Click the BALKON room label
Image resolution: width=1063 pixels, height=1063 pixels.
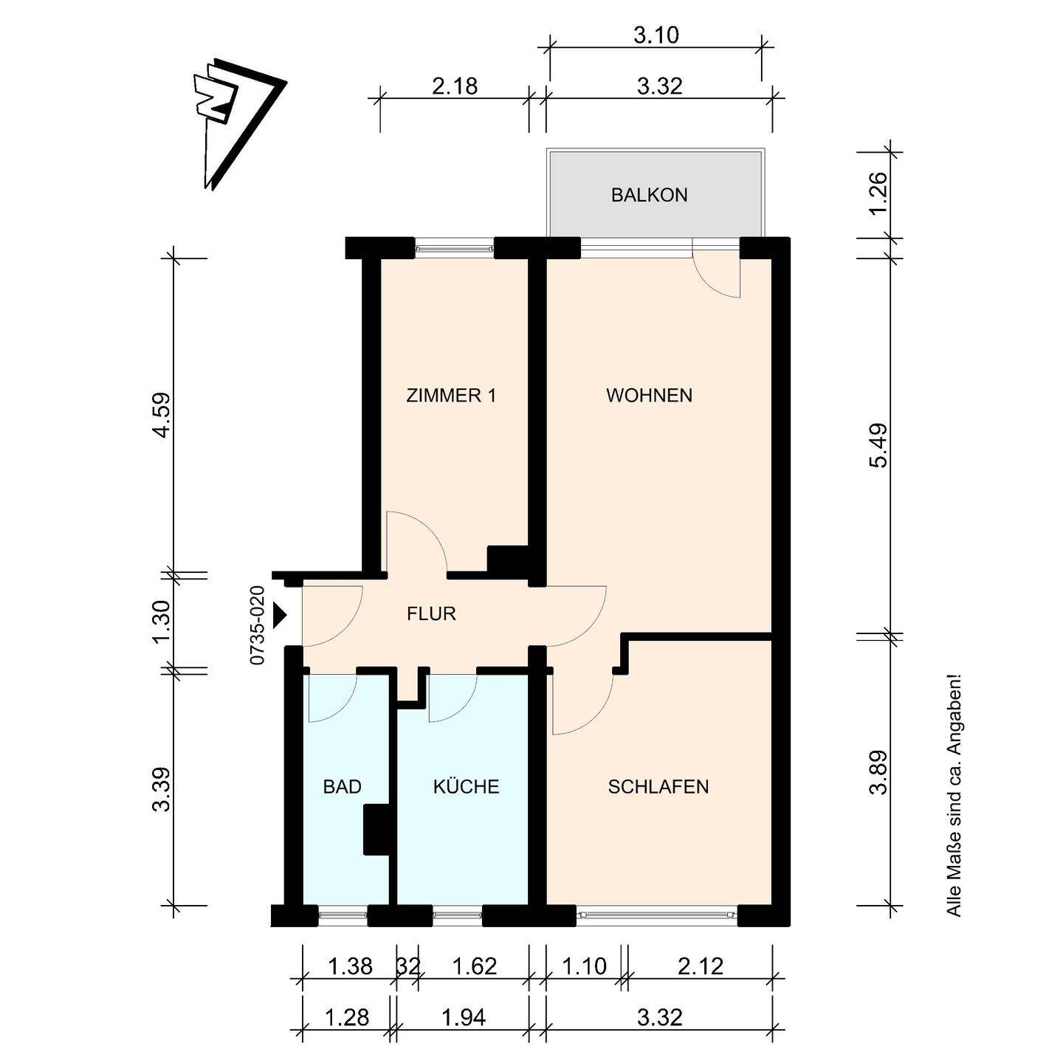coord(649,196)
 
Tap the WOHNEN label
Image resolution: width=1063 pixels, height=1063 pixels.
coord(649,396)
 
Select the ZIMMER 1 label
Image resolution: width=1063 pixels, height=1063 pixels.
coord(451,396)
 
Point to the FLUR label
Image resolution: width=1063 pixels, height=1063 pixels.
coord(431,614)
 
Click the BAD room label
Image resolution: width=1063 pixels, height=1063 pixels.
coord(342,787)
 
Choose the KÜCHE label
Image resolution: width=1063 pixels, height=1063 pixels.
coord(466,785)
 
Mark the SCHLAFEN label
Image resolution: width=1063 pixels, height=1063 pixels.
coord(658,787)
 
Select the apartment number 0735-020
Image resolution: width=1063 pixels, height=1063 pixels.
coord(258,625)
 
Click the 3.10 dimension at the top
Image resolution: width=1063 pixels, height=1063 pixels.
coord(656,36)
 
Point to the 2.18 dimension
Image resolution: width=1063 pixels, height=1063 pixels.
coord(455,86)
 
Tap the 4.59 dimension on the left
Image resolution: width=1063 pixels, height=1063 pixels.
coord(162,415)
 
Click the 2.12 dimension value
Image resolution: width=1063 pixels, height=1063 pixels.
coord(700,966)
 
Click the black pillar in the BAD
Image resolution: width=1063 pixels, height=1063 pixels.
coord(376,830)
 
